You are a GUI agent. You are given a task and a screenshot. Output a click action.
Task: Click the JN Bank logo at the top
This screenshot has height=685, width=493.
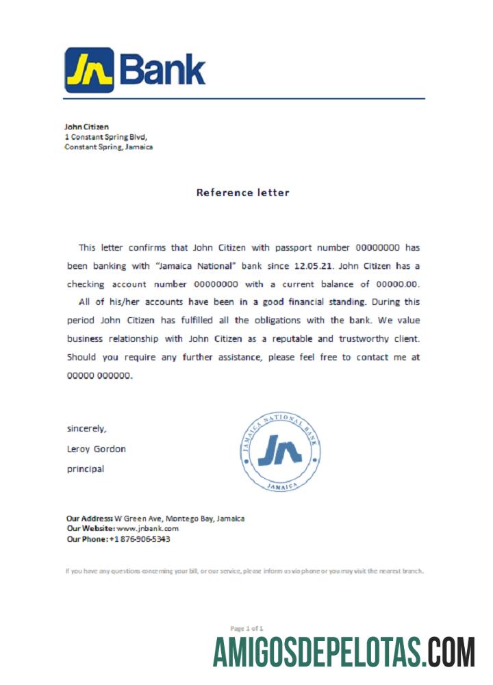135,70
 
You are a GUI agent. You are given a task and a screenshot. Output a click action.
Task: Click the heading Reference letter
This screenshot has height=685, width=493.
242,192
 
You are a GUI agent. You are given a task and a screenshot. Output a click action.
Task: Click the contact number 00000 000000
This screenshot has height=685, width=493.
99,375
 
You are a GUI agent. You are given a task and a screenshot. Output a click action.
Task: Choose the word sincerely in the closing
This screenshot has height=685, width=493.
86,429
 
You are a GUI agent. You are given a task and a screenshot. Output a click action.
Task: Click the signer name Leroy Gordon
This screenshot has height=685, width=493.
96,449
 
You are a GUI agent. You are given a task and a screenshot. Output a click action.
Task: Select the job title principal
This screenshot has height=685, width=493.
85,469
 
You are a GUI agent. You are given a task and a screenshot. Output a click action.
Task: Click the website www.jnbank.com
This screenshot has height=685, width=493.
147,529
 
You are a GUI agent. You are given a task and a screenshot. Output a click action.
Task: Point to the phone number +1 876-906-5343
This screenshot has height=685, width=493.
140,539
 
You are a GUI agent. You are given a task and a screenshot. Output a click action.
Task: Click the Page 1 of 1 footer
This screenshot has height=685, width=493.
246,628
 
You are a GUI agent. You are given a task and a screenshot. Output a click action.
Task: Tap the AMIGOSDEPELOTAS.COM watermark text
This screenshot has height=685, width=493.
343,652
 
